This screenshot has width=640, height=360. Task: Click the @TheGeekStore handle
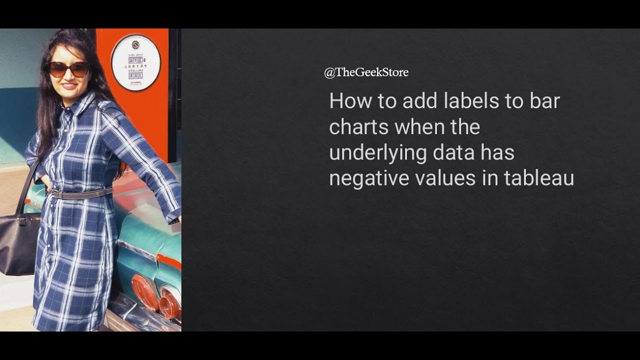[366, 72]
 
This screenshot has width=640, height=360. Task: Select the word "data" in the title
[453, 152]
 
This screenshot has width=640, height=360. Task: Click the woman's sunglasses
[69, 69]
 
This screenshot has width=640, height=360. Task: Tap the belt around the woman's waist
[82, 194]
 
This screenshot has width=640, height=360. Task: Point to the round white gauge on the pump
[135, 62]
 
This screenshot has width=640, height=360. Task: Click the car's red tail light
[145, 293]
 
